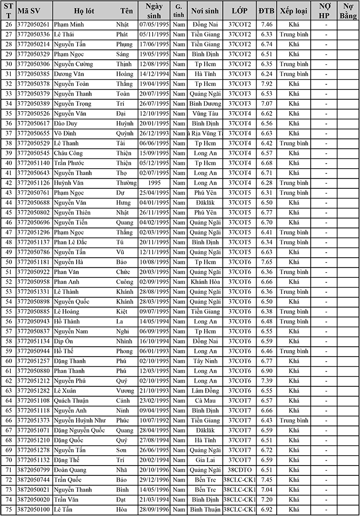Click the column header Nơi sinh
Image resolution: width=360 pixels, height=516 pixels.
click(205, 10)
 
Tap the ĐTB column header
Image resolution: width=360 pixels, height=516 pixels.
click(266, 10)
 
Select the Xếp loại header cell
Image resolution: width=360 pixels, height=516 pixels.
click(294, 10)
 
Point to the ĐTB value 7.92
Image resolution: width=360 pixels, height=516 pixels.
click(266, 84)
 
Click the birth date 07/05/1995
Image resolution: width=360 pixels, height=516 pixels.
click(154, 25)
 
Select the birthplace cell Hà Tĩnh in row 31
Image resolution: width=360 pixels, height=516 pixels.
click(205, 74)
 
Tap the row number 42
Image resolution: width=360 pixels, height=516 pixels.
click(8, 183)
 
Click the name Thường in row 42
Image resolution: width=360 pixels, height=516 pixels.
click(126, 183)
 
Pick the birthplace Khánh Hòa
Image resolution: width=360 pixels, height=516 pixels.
click(205, 282)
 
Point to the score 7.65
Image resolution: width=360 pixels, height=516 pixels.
click(266, 262)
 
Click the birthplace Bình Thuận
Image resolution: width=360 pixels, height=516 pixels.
click(205, 509)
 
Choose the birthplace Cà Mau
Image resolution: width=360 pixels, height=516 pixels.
click(205, 400)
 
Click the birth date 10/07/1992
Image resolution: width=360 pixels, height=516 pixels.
click(154, 420)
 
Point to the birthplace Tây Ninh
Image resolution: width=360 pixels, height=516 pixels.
click(205, 361)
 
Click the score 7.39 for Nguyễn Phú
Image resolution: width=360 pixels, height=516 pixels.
click(266, 381)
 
